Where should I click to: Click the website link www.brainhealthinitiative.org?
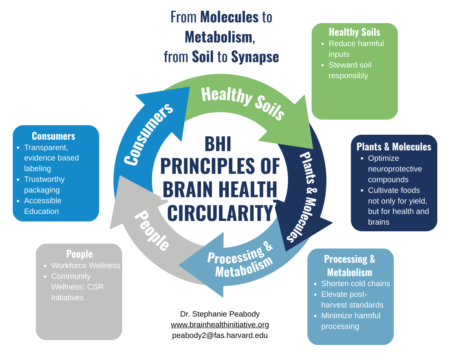coord(220,325)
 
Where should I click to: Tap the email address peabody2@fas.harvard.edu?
coord(220,335)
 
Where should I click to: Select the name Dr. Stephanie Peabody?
coord(220,314)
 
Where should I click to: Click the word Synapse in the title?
coord(255,57)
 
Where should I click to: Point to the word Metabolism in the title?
coord(219,37)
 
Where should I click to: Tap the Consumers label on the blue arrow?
coord(148,134)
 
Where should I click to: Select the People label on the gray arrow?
coord(152,230)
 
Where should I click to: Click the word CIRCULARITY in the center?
coord(220,213)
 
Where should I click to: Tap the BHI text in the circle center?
coord(218,144)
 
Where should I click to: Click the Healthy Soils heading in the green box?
coord(354,32)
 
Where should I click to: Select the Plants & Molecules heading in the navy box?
coord(394,147)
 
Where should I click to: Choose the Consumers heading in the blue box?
coord(54,136)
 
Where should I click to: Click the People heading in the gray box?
coord(79,254)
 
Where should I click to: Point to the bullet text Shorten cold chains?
coord(356,283)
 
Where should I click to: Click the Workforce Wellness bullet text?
coord(85,265)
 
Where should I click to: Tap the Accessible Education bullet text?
coord(43,206)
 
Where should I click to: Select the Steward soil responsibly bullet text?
coord(350,70)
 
